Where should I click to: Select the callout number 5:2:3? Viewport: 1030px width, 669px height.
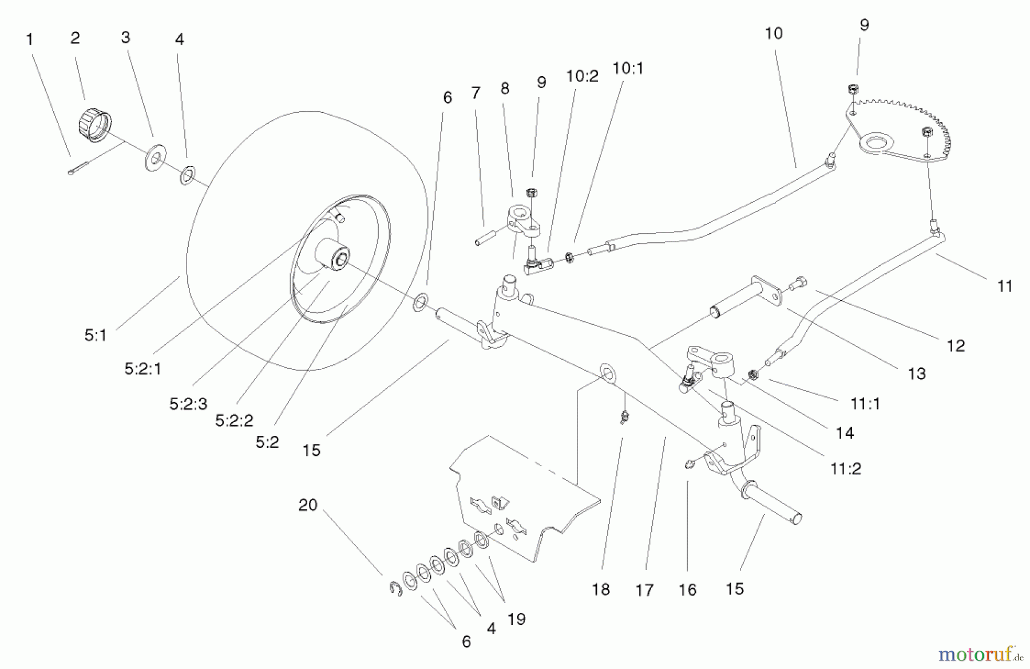[188, 404]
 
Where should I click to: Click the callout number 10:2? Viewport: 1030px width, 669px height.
[582, 76]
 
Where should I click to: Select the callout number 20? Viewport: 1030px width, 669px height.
[308, 505]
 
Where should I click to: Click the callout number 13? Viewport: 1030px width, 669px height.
[917, 373]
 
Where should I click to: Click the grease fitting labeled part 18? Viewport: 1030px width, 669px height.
[623, 416]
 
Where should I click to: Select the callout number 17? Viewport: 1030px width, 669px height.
[644, 589]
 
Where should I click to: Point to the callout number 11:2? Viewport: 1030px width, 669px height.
[845, 469]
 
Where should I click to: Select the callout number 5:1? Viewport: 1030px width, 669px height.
[96, 336]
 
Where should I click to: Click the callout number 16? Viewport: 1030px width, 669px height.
[687, 589]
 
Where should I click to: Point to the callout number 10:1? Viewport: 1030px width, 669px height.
[628, 69]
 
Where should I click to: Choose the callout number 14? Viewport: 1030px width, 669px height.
[845, 433]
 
